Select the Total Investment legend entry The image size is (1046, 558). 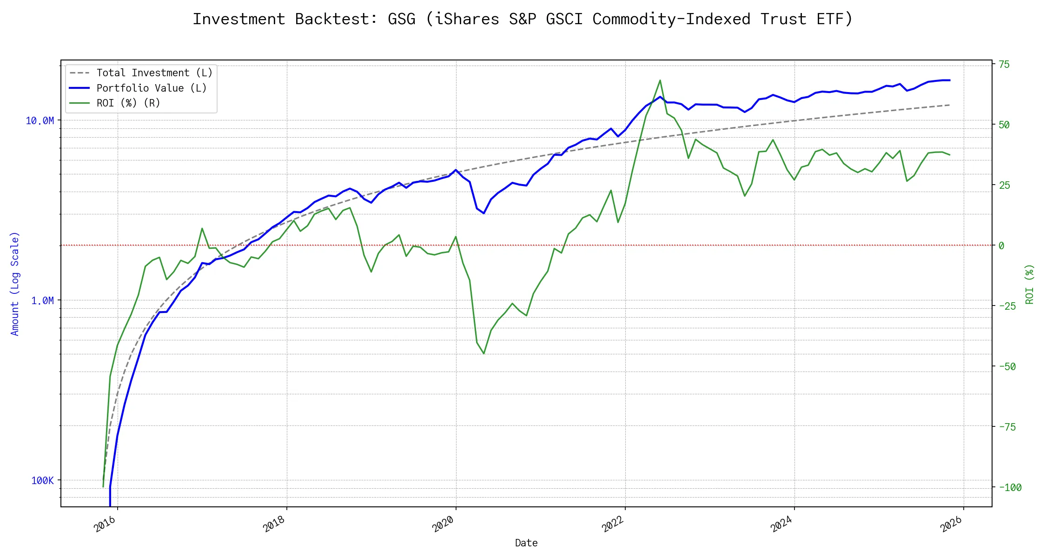[x=154, y=73]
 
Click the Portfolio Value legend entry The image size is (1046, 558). [x=151, y=88]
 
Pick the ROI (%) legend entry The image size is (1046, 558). [x=128, y=103]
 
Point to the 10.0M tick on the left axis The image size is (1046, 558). [x=40, y=121]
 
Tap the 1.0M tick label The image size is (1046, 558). [x=42, y=301]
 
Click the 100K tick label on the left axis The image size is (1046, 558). [x=42, y=481]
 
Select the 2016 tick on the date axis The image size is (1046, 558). [x=105, y=525]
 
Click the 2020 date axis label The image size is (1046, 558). [x=443, y=525]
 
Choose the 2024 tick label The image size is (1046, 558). [x=781, y=525]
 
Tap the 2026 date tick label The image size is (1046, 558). [x=951, y=525]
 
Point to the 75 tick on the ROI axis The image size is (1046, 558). [x=1004, y=65]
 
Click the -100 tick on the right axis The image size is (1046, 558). [x=1010, y=488]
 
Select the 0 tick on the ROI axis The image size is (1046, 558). [x=1001, y=246]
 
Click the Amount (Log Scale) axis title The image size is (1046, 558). [x=15, y=284]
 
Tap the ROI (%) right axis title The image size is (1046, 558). [x=1029, y=284]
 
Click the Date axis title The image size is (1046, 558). [x=526, y=543]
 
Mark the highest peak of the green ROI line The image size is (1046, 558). [x=660, y=80]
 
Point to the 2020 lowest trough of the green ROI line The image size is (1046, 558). [x=484, y=353]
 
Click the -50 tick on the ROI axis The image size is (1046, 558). [x=1007, y=366]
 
